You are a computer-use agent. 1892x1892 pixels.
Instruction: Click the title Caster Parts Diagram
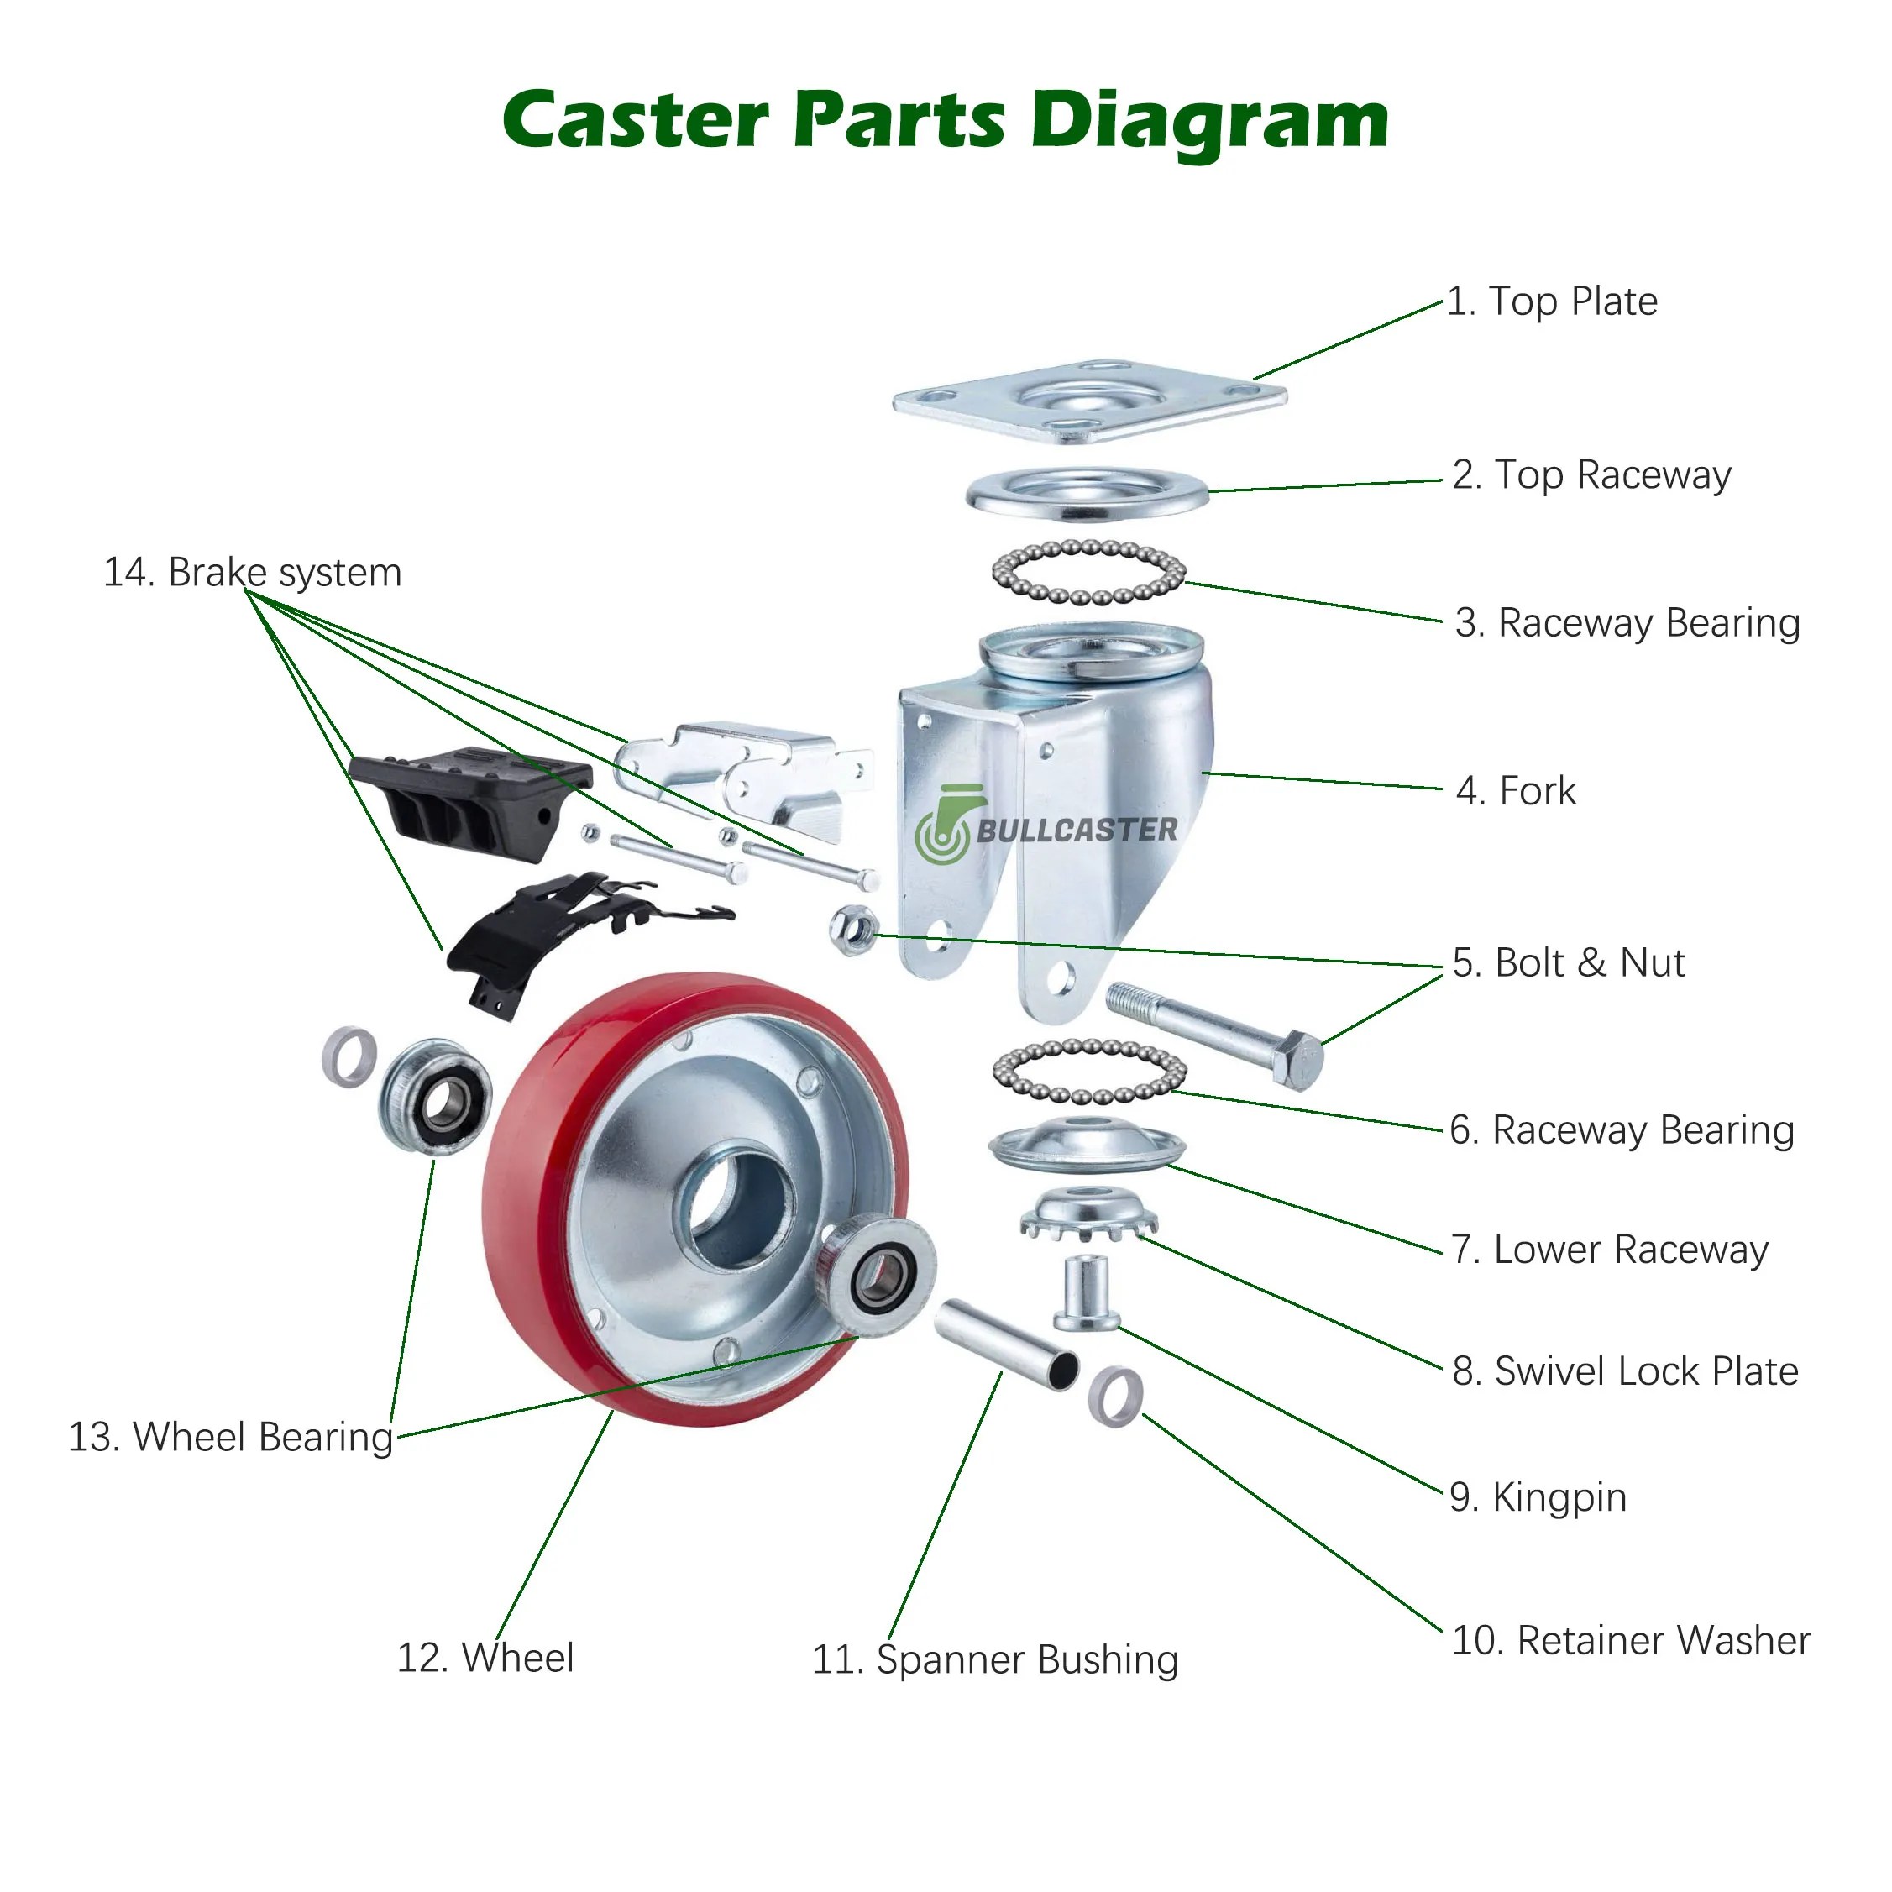[945, 119]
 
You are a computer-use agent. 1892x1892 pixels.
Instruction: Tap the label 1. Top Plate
[1552, 301]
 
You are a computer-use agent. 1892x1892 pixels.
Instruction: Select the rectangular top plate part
[1089, 401]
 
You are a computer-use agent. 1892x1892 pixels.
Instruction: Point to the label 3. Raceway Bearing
[1627, 623]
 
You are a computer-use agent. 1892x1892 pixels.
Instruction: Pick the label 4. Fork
[1516, 791]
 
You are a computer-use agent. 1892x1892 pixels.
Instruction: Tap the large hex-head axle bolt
[1214, 1034]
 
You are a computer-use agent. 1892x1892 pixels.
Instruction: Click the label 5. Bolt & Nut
[1568, 962]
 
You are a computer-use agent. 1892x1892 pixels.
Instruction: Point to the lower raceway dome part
[1087, 1143]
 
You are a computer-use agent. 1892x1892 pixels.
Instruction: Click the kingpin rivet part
[1086, 1292]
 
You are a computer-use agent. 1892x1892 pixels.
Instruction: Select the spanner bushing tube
[1006, 1344]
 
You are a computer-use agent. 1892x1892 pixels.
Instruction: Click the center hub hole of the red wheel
[739, 1209]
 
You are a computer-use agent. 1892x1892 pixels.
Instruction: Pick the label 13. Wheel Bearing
[230, 1438]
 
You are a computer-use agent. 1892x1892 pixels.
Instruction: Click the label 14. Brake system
[253, 573]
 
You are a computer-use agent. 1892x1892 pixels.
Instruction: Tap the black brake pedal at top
[470, 798]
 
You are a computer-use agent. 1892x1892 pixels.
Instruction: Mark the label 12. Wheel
[485, 1658]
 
